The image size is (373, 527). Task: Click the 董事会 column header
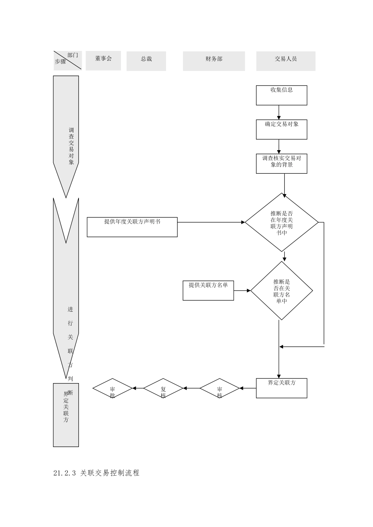click(103, 60)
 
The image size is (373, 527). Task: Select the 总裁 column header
click(146, 61)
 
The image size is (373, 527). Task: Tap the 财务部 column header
click(214, 61)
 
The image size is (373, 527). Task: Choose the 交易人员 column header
click(285, 61)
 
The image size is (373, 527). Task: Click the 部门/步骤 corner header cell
click(67, 60)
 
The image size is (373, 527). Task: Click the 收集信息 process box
click(282, 95)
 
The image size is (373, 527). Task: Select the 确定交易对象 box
click(282, 129)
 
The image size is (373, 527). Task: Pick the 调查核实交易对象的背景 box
click(282, 164)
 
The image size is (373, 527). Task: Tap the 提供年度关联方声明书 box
click(132, 227)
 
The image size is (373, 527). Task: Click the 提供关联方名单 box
click(208, 290)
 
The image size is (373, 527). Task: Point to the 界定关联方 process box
click(282, 388)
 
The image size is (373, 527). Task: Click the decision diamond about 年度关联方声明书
click(282, 222)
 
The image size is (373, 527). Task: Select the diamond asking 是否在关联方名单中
click(282, 291)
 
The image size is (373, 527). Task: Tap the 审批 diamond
click(112, 389)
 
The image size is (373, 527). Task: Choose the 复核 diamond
click(163, 389)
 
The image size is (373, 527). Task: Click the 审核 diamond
click(219, 389)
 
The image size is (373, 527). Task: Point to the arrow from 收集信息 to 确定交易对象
click(279, 112)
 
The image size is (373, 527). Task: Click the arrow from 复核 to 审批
click(138, 389)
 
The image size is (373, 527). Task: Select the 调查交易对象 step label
click(71, 146)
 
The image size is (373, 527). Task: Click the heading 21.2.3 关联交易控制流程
click(96, 473)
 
